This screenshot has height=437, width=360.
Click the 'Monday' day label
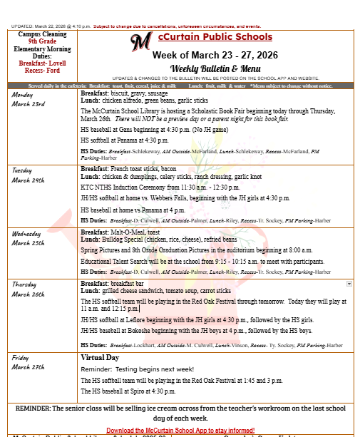[22, 95]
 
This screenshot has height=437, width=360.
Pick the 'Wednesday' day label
[27, 234]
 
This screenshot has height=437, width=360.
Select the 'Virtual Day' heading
[100, 356]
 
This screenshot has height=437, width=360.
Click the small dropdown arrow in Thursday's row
[349, 283]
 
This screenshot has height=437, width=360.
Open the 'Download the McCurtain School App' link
[180, 431]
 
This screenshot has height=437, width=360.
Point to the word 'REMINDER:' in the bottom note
[39, 408]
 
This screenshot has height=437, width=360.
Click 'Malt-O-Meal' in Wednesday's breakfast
[131, 232]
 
